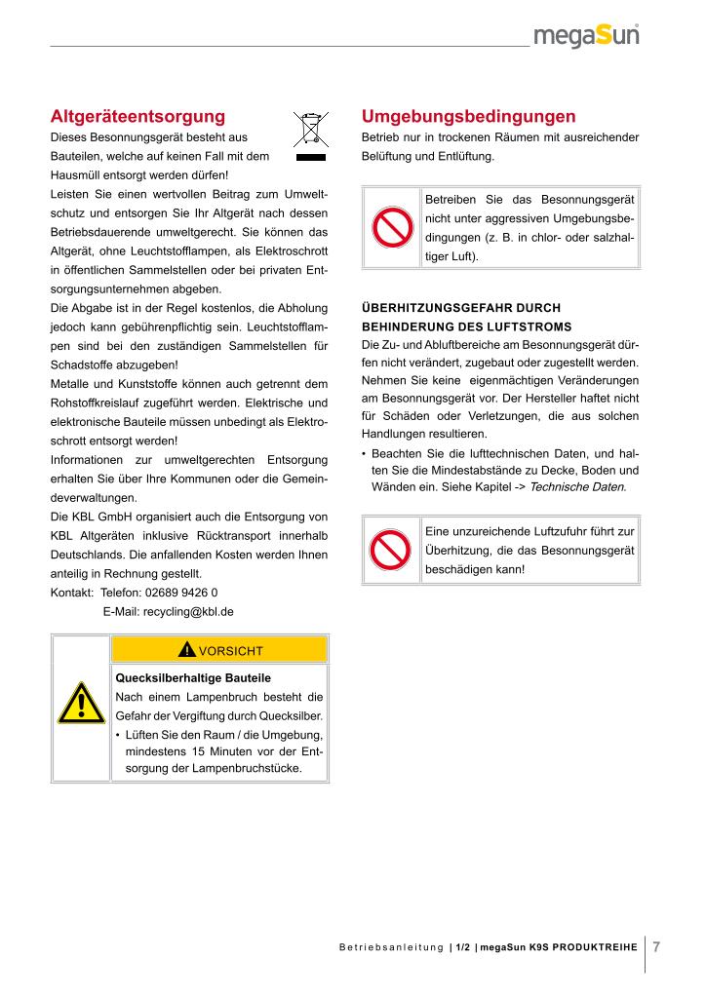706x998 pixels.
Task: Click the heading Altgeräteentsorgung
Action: click(137, 116)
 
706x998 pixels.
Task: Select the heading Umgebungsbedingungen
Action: click(468, 116)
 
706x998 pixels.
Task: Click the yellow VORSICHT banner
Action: click(220, 650)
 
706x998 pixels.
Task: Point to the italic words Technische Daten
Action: click(576, 485)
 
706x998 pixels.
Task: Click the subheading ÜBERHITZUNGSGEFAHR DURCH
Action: click(461, 308)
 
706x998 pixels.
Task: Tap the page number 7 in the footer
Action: click(656, 946)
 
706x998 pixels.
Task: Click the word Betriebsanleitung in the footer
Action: click(391, 947)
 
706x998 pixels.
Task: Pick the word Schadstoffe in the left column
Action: click(83, 365)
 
